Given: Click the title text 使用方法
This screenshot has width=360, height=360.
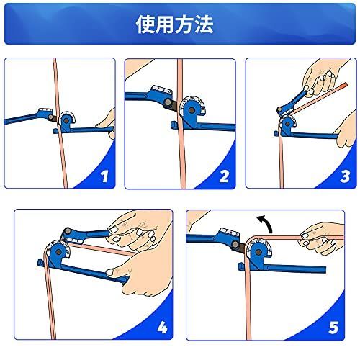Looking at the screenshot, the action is [174, 24].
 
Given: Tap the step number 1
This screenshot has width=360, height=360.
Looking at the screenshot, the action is [104, 176].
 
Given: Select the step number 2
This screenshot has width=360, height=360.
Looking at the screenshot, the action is [224, 176].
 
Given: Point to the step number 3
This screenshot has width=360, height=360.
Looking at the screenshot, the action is [345, 176].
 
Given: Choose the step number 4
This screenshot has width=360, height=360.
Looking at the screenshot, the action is [162, 328].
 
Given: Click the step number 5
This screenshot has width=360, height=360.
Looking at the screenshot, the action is [334, 328].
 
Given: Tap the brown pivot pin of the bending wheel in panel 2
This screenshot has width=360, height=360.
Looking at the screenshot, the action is [192, 110].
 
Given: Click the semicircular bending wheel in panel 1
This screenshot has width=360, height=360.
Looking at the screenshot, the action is [66, 119].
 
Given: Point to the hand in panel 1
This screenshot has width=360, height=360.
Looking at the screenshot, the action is [107, 122].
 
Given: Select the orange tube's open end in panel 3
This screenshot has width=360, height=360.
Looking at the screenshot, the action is [345, 85].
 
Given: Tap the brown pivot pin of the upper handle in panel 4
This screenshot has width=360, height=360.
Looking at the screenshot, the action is [68, 230].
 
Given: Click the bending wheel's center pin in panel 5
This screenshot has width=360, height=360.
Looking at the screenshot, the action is [258, 253].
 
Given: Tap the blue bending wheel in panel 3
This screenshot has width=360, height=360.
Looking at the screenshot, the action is [287, 123].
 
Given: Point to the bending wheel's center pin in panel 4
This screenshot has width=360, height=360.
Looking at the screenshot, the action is [58, 252].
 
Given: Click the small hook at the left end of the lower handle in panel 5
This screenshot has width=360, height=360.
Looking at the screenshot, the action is [240, 266].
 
